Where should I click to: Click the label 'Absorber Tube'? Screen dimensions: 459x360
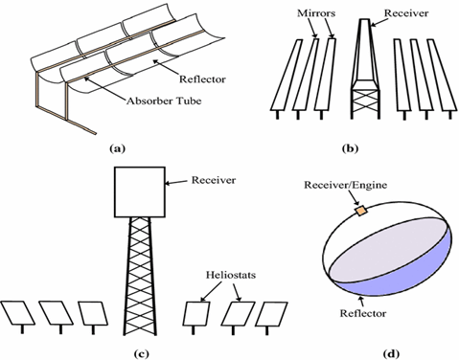(164, 101)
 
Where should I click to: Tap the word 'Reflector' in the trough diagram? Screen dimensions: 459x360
(202, 79)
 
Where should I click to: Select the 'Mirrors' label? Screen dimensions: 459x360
(316, 13)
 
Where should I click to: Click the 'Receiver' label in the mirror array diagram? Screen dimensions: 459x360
(405, 13)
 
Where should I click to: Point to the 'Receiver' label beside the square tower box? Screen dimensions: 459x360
(214, 180)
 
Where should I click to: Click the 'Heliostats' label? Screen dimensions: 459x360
(231, 275)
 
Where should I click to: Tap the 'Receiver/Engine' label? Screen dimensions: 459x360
(345, 185)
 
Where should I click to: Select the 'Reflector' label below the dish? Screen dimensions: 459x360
(363, 313)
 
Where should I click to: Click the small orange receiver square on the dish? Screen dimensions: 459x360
(361, 211)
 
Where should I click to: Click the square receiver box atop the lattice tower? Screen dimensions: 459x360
(140, 191)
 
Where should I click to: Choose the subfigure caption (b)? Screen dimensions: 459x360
(350, 148)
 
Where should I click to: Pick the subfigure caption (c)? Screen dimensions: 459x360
(141, 353)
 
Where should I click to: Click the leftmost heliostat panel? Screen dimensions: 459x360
(17, 313)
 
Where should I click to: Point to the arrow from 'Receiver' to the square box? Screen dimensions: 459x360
(176, 182)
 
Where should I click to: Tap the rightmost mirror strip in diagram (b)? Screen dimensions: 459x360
(441, 76)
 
